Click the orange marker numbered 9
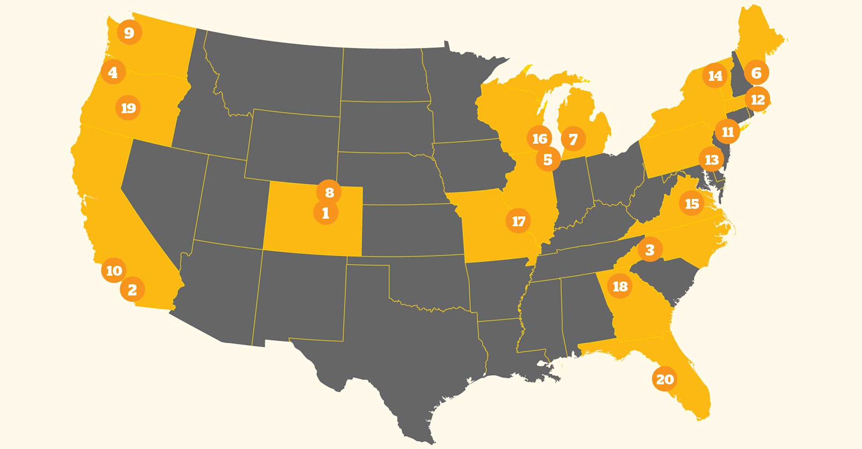click(129, 33)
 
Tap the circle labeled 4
click(113, 72)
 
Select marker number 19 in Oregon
click(128, 108)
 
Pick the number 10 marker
click(114, 271)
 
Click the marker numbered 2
click(133, 290)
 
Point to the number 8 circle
click(329, 192)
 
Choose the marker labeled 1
click(325, 213)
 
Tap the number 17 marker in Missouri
click(518, 222)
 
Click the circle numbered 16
click(539, 139)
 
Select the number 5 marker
click(548, 160)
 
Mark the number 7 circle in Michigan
click(573, 140)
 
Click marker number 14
click(715, 76)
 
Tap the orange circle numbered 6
click(756, 73)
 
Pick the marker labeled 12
click(757, 100)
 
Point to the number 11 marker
click(727, 132)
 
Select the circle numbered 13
click(711, 160)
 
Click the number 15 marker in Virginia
click(692, 204)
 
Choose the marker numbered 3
click(650, 250)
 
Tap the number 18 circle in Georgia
click(620, 286)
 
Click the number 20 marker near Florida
click(665, 379)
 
